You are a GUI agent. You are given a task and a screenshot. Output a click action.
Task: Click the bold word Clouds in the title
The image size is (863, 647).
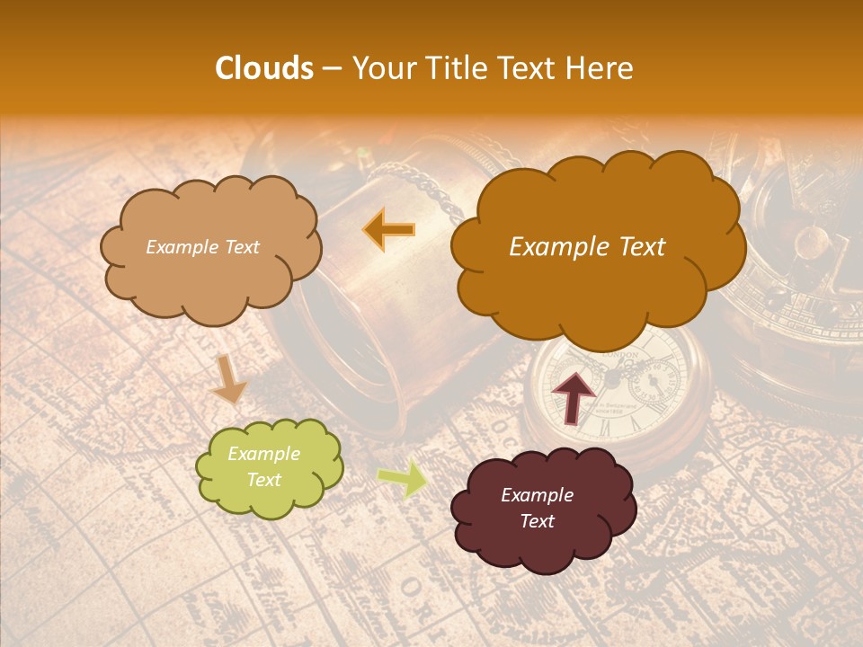pos(264,68)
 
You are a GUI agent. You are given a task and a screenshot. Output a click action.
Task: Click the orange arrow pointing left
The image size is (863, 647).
pos(388,230)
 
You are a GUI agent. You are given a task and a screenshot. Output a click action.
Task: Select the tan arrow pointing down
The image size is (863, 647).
pos(228,378)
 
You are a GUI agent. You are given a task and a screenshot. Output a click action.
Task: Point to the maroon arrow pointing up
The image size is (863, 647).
pos(574,395)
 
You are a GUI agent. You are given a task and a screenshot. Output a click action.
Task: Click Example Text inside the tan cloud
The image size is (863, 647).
pos(202,247)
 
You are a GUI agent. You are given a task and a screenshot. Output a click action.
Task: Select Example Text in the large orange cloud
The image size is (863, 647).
pos(587,247)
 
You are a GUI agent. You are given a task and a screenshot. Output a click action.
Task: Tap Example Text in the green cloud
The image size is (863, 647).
pos(263,466)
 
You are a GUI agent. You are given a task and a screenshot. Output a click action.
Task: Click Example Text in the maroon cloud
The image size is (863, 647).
pos(537,508)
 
